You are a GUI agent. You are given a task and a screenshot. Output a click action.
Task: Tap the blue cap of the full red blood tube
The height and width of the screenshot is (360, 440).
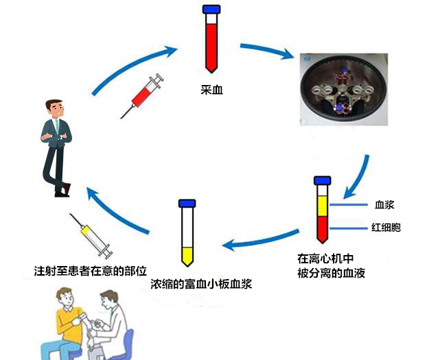(211, 10)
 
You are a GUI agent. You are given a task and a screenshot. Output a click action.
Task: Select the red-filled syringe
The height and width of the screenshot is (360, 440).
(143, 96)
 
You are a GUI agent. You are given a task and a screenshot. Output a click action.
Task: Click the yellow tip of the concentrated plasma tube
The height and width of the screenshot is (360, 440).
(186, 256)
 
